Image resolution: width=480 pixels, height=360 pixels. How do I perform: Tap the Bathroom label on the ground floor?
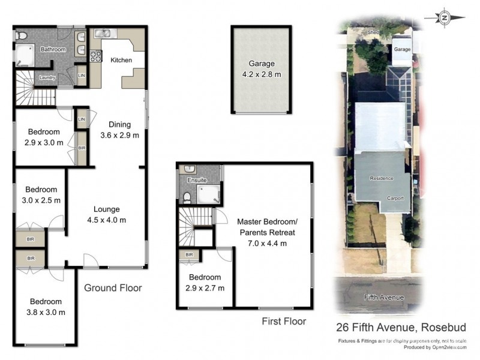pos(53,49)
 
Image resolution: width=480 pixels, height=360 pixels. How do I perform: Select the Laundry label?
pos(47,77)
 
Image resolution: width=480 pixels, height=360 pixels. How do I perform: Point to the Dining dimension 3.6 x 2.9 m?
pos(119,135)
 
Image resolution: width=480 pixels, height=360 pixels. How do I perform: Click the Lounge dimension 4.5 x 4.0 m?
pos(106,220)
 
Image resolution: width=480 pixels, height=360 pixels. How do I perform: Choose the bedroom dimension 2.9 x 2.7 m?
pos(205,288)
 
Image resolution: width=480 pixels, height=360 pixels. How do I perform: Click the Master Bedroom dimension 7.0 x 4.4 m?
pos(267,243)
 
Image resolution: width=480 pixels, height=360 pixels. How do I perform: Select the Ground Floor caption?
pos(113,288)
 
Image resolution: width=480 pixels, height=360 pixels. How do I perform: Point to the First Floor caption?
pos(284,322)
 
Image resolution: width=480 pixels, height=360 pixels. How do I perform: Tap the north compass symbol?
pos(445,18)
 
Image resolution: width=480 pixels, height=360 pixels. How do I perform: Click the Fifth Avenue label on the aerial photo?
pos(384,298)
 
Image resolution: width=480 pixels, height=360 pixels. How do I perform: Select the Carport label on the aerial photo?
pos(395,198)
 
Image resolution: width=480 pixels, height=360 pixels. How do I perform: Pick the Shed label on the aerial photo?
pos(374,33)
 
